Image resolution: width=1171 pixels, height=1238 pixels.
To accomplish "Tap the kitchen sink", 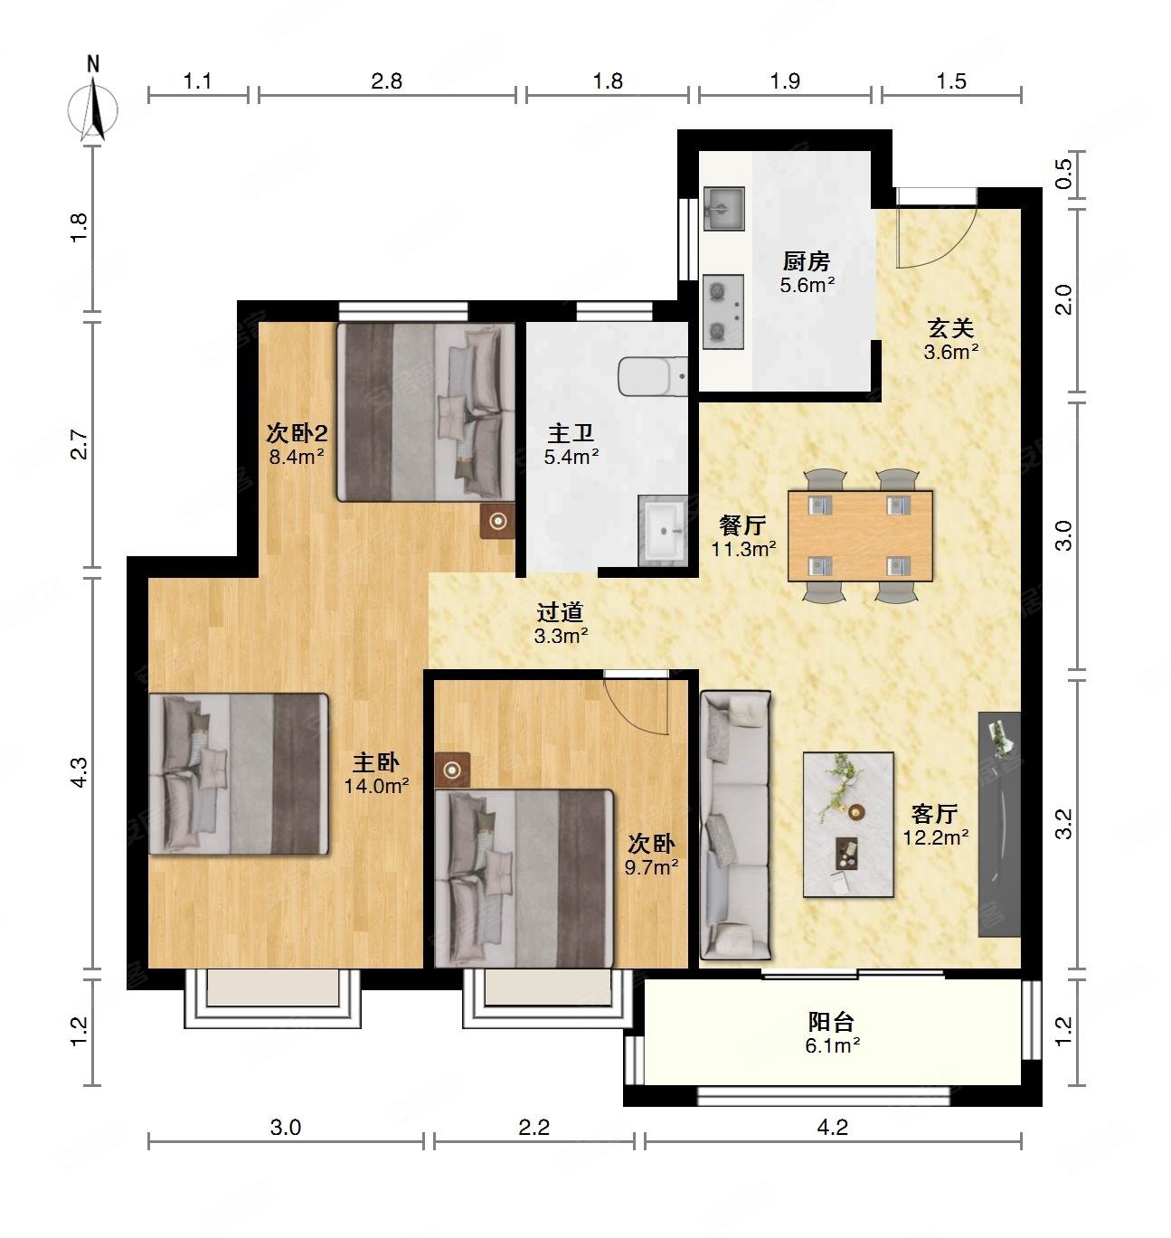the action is click(x=723, y=208).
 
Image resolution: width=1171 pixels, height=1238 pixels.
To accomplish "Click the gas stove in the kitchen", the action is click(x=723, y=312).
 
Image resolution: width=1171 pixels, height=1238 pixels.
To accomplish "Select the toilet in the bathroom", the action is click(x=653, y=376).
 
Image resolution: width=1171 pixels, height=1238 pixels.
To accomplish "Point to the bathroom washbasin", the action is click(x=663, y=530).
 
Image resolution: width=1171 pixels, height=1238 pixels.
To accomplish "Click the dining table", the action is click(x=860, y=535).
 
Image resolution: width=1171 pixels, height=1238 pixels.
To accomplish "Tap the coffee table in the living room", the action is click(x=848, y=825).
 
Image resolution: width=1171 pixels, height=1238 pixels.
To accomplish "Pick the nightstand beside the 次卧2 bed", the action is click(x=497, y=521).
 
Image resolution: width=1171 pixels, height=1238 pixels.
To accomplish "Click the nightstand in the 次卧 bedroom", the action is click(x=451, y=770).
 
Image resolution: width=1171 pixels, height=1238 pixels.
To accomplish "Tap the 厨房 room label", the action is click(x=807, y=260).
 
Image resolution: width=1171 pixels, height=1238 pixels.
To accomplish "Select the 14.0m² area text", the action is click(x=377, y=786).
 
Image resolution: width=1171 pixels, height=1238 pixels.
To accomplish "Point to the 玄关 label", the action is click(x=950, y=328).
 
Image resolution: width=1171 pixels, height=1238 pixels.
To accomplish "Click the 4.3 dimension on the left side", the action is click(x=80, y=772).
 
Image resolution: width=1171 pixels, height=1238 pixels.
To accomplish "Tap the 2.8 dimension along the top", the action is click(x=386, y=81).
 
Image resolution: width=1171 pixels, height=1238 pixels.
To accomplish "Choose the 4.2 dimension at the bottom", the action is click(x=832, y=1127).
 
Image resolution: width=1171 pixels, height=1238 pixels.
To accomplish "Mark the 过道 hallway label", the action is click(x=560, y=612).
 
